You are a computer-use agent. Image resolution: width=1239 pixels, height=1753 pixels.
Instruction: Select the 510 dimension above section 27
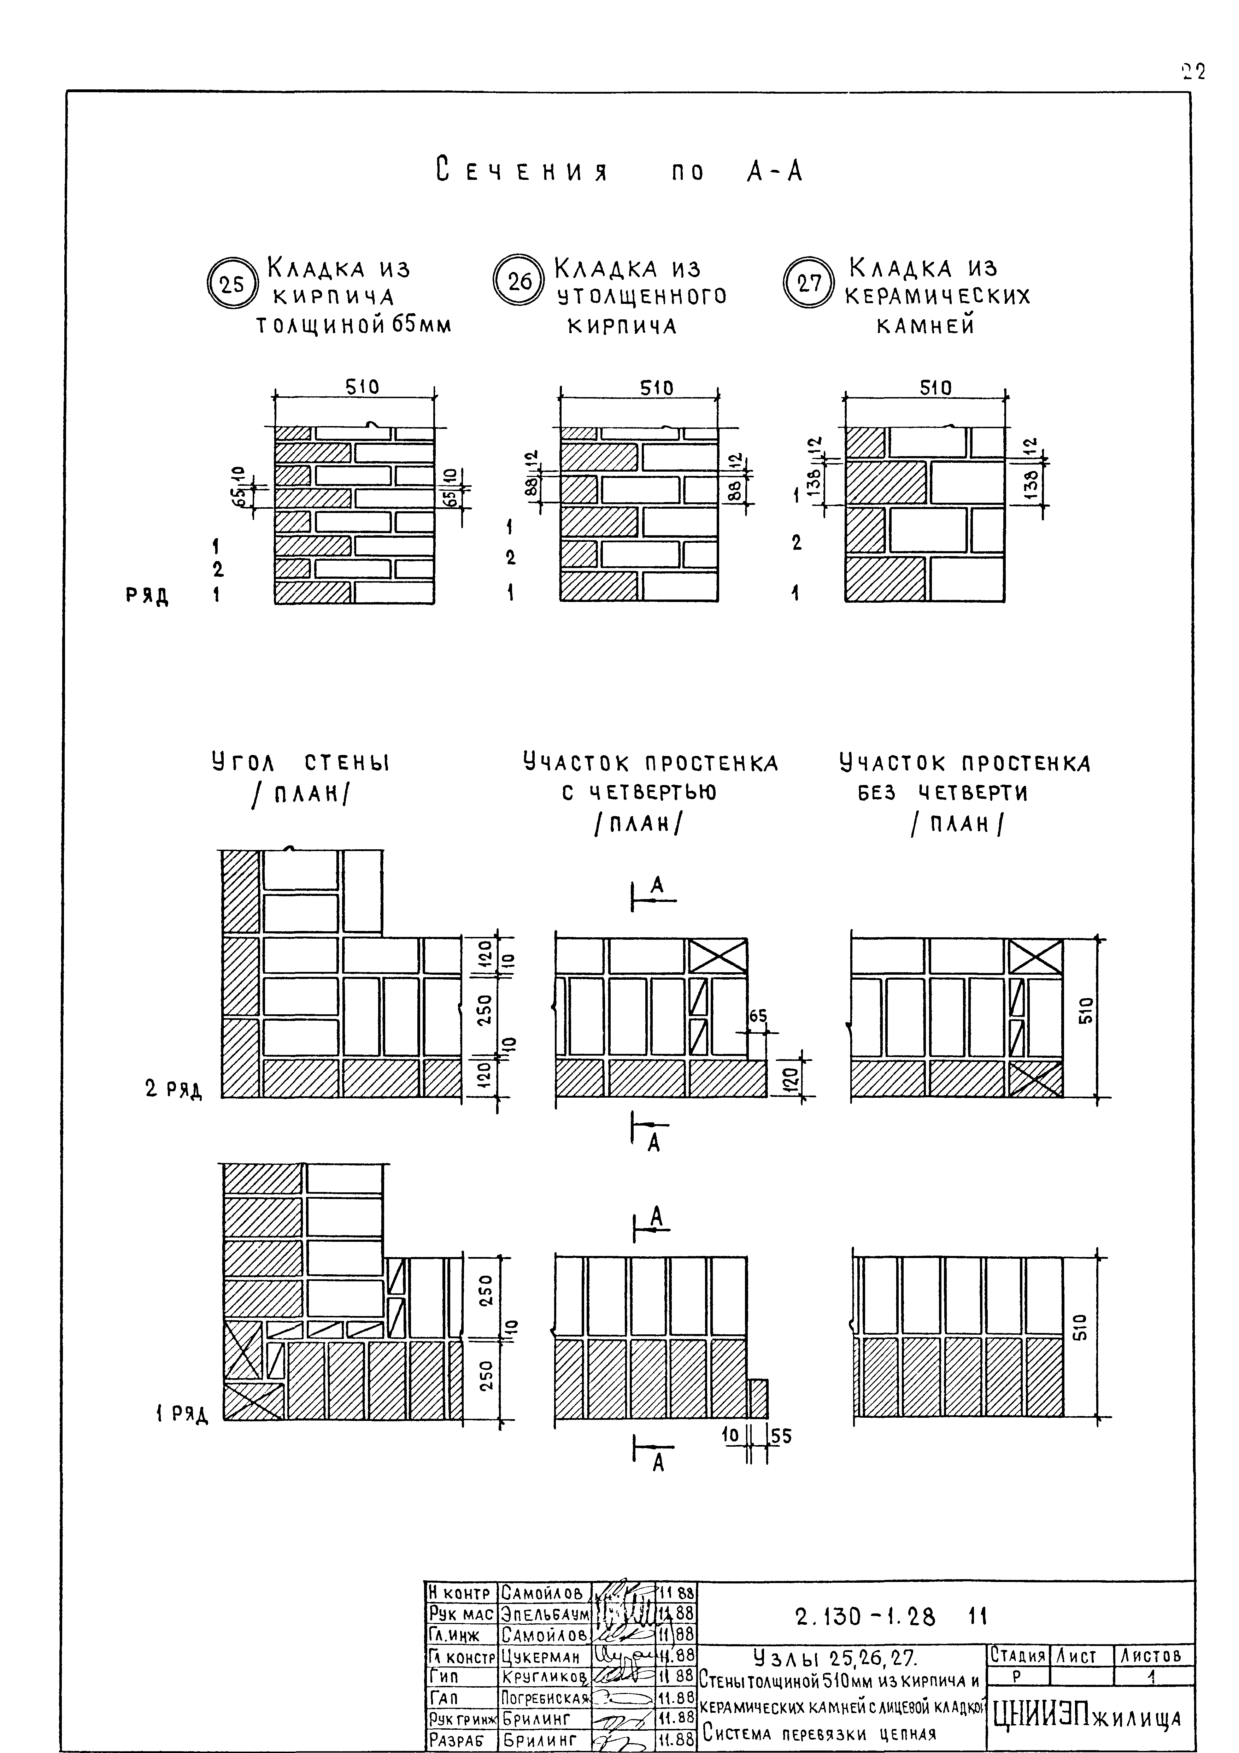(x=935, y=388)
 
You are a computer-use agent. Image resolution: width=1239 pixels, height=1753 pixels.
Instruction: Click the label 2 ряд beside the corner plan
(x=174, y=1090)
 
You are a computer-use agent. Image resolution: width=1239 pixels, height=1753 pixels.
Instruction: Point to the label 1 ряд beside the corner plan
(x=180, y=1414)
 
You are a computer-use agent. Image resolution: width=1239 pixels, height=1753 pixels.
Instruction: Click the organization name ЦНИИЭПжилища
(x=1087, y=1718)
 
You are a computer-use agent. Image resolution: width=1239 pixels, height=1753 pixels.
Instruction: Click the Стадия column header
(x=1018, y=1656)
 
